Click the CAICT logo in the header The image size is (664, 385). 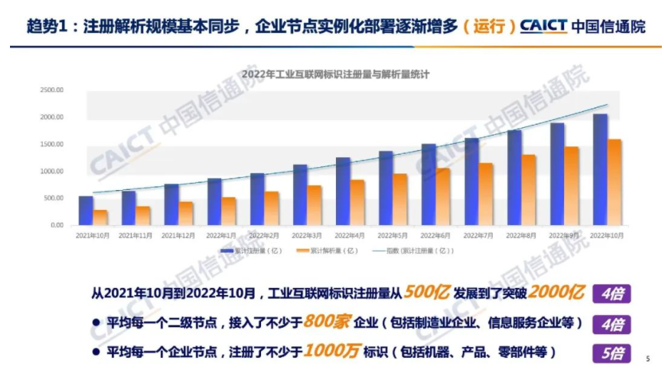[543, 27]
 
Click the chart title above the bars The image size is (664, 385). [335, 74]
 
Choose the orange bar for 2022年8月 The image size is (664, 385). [528, 189]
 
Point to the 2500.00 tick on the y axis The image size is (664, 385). [53, 90]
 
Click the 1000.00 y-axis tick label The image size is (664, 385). [53, 171]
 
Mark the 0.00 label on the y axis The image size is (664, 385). [57, 225]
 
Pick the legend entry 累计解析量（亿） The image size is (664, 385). [328, 251]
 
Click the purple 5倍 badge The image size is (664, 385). [611, 354]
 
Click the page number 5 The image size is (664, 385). [648, 359]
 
